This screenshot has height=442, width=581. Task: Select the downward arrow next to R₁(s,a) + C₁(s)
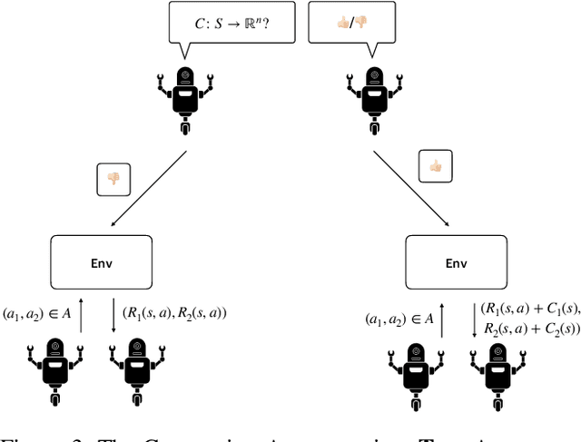coord(472,319)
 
